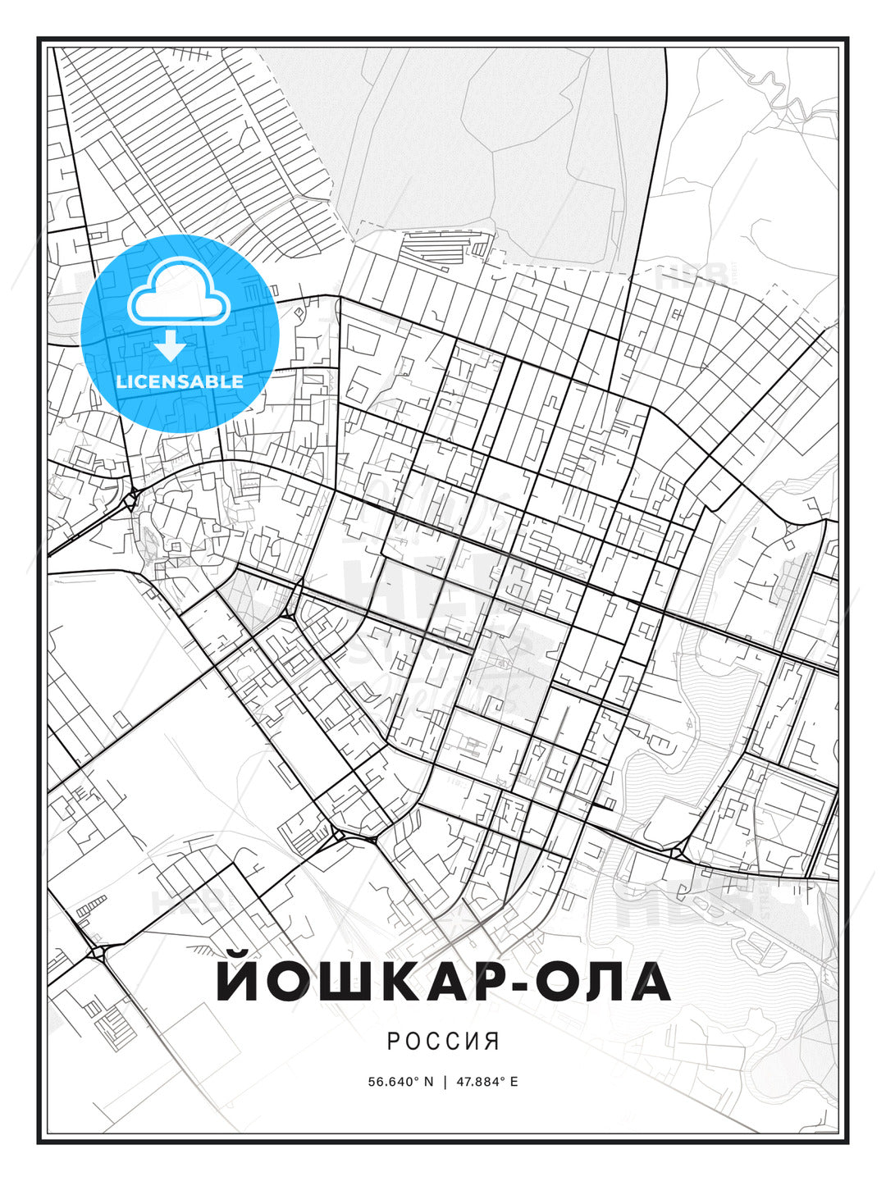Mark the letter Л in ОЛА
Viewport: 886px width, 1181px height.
click(607, 984)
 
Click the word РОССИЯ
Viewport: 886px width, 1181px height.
click(443, 1042)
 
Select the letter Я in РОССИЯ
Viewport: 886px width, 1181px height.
click(492, 1042)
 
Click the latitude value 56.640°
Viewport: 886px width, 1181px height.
click(395, 1082)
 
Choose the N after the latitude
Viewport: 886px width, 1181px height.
click(427, 1082)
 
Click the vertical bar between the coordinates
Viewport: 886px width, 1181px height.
click(445, 1082)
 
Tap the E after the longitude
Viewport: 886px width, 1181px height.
click(514, 1082)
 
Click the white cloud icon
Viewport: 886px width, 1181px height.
click(178, 294)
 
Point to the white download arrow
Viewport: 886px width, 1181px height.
click(171, 345)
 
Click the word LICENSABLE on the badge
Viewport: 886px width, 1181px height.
click(180, 381)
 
